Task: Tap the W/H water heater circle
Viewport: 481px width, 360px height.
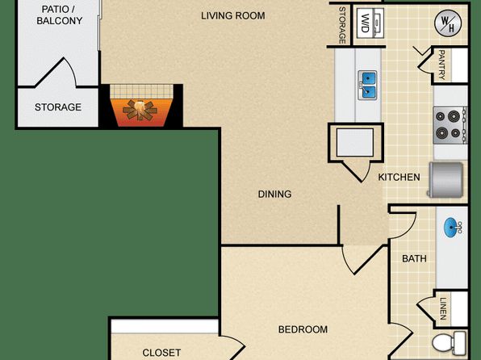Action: [x=448, y=23]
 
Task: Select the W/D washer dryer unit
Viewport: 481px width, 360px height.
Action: [x=370, y=23]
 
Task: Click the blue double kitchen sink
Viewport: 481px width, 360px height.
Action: [x=367, y=86]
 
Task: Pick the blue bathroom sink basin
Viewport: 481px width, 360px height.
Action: [x=452, y=228]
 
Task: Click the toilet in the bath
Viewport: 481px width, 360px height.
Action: [x=449, y=342]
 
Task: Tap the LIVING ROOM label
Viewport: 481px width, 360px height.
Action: [x=232, y=15]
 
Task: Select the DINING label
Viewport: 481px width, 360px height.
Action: [x=274, y=195]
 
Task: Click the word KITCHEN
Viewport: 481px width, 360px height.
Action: [x=399, y=177]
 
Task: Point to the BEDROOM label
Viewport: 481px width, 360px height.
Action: [x=303, y=329]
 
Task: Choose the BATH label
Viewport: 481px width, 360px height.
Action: [x=414, y=259]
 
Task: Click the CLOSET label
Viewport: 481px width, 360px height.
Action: [x=161, y=352]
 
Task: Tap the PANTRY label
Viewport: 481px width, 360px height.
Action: [x=441, y=65]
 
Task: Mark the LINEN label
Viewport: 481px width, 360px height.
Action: [x=443, y=309]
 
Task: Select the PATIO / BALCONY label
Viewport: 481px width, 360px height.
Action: [x=59, y=15]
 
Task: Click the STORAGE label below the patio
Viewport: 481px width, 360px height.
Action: [x=58, y=107]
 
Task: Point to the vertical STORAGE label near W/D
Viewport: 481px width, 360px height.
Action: [x=342, y=25]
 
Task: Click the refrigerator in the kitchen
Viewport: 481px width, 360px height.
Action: [x=445, y=180]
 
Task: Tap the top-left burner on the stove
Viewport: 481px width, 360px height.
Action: [x=441, y=116]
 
